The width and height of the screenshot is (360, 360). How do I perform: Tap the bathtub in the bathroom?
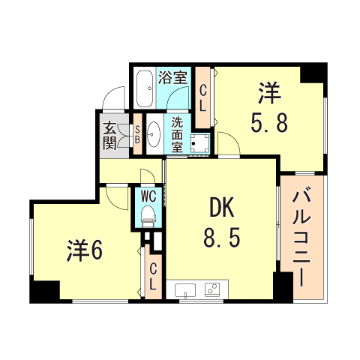pos(145,89)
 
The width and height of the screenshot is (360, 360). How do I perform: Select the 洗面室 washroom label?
pos(177,134)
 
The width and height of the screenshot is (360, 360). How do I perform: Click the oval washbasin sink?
pos(154,135)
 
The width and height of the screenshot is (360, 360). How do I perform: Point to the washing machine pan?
pos(199,141)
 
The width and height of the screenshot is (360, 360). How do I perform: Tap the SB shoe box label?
pos(137,135)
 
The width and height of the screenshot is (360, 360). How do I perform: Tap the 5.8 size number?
pos(268,122)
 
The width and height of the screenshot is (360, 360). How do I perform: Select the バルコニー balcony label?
pos(301,238)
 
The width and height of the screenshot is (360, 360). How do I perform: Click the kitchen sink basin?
pos(184,289)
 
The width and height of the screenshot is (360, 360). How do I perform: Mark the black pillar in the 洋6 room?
pos(46,291)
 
